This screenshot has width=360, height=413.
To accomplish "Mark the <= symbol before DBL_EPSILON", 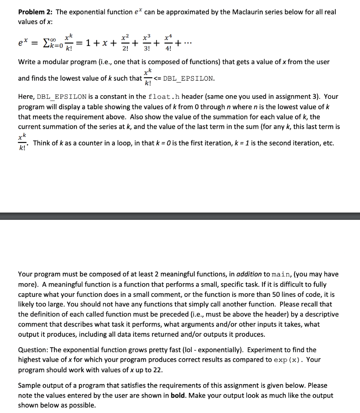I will [156, 78].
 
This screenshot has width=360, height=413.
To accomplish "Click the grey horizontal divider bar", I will [180, 217].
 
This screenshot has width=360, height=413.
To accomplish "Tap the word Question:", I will [33, 350].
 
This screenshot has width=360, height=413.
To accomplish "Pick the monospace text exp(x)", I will [287, 360].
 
